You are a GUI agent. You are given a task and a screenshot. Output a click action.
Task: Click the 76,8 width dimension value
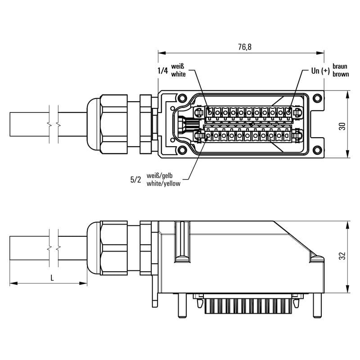click(x=245, y=47)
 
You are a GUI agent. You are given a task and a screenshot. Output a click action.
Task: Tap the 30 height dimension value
click(x=342, y=126)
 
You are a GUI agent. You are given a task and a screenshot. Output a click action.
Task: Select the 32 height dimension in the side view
click(x=342, y=256)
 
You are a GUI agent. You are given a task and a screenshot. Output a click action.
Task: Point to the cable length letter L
click(x=52, y=278)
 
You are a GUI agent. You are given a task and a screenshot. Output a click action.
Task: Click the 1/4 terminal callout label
click(x=163, y=71)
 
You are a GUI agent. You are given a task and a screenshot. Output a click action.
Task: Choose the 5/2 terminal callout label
click(x=136, y=180)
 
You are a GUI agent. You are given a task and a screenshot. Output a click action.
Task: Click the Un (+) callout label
click(x=320, y=71)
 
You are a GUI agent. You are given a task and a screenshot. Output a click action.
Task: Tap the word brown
click(x=341, y=74)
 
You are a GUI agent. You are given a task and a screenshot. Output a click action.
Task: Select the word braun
click(x=340, y=66)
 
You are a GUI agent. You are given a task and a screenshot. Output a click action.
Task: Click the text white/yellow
click(x=163, y=184)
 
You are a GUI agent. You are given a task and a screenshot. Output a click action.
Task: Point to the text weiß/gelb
click(x=160, y=176)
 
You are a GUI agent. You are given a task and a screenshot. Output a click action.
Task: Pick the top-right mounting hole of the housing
click(x=317, y=98)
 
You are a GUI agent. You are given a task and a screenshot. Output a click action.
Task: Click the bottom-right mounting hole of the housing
click(x=317, y=150)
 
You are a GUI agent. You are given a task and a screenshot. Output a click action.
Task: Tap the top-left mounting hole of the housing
click(x=183, y=98)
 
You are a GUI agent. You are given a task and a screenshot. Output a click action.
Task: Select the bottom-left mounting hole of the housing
click(x=183, y=150)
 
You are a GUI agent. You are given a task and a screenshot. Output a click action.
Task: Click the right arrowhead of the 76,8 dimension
click(x=320, y=53)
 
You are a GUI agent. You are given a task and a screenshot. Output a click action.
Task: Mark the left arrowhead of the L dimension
click(x=13, y=283)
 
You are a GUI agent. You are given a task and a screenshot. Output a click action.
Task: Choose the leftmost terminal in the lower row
click(x=208, y=136)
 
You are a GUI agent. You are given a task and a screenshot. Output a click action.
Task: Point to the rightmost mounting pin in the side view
click(x=318, y=306)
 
